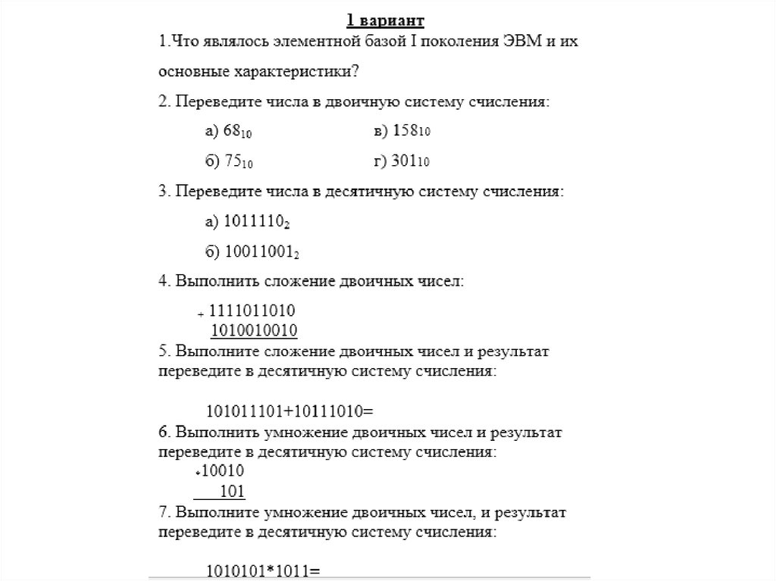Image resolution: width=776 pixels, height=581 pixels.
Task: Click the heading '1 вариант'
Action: click(386, 19)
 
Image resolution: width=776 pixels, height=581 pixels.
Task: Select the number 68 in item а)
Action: click(233, 132)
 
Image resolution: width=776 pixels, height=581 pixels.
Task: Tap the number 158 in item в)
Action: click(405, 132)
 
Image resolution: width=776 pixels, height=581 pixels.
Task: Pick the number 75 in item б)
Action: click(233, 161)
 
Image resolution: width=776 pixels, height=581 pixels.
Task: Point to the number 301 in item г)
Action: click(405, 161)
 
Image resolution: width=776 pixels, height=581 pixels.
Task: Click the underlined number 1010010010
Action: click(254, 330)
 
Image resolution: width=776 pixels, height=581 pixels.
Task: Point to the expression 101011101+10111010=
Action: click(291, 411)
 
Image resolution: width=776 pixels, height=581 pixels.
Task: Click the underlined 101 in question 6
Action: click(232, 492)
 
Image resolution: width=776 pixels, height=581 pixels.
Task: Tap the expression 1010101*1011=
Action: click(264, 570)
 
